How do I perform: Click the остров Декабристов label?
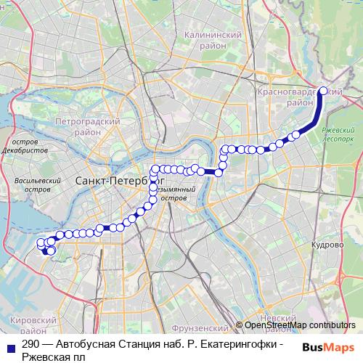point(25,144)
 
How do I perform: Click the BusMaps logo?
point(328,347)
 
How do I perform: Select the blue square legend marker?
point(9,345)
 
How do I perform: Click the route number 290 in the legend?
point(30,345)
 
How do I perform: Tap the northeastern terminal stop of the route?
point(323,91)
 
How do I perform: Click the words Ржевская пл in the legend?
point(53,356)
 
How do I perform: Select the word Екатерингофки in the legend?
point(238,345)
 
